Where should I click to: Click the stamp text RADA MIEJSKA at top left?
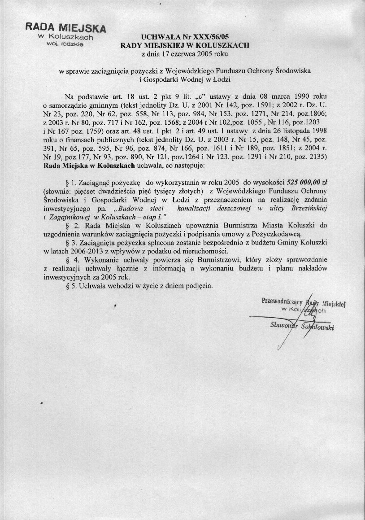65,27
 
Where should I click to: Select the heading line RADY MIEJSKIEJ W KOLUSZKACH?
185,45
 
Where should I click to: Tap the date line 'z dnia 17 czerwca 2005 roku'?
185,54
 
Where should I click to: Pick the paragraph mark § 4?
69,260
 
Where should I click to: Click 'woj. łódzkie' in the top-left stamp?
65,44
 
